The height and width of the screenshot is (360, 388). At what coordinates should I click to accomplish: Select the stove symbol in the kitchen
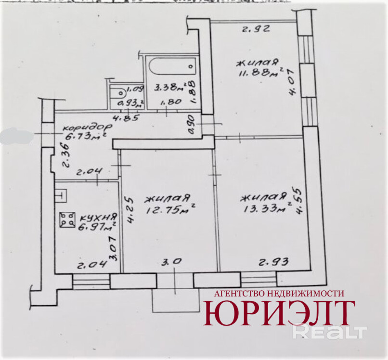click(x=67, y=220)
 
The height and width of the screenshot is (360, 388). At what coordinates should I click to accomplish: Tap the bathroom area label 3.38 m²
click(x=167, y=88)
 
